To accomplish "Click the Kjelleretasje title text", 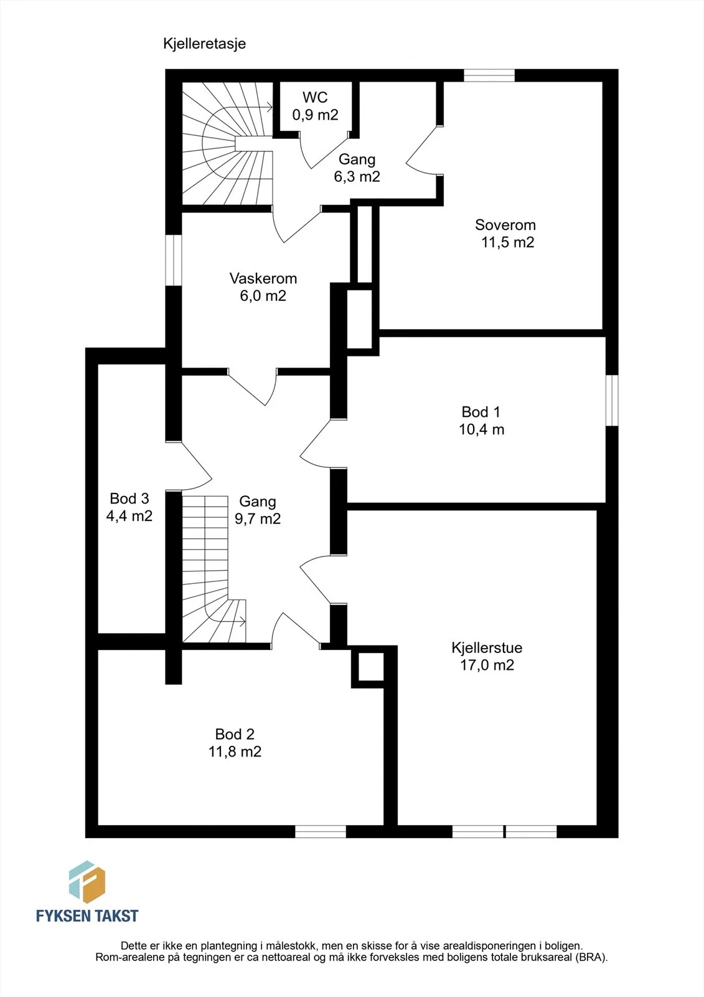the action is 204,44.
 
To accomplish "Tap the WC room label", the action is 315,97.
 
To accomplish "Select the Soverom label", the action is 505,225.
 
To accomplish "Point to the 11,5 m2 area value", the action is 507,242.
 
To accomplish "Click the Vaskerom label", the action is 263,279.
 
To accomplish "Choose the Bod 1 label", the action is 481,412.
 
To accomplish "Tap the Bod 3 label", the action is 129,499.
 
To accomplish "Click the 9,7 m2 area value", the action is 258,519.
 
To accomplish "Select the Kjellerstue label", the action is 487,647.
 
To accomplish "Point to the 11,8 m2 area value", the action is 235,751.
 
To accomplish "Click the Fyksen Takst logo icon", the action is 87,882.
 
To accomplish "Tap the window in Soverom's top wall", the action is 489,75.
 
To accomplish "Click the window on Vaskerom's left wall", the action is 174,260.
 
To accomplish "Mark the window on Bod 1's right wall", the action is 612,400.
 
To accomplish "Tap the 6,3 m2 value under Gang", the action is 357,177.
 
